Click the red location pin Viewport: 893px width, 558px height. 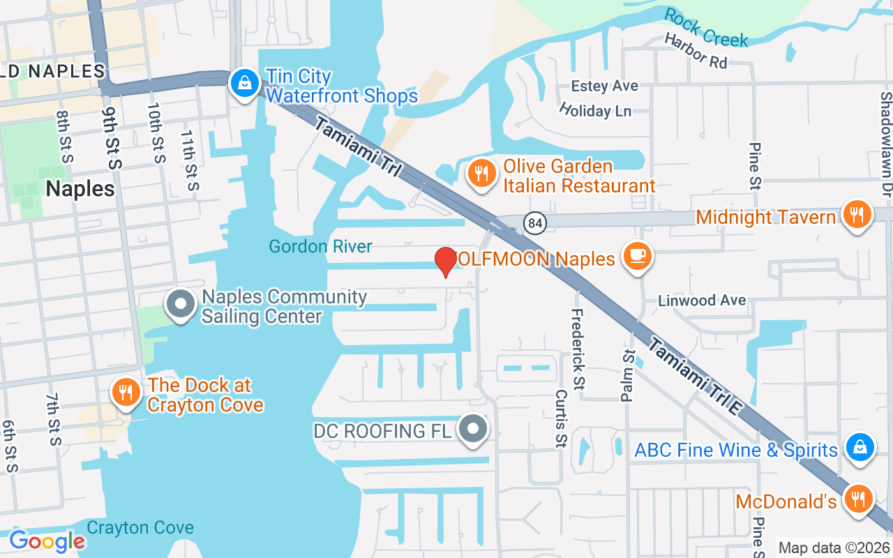[x=446, y=262]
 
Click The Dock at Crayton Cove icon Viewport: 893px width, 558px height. [x=126, y=393]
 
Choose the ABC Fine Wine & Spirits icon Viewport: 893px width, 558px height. [x=860, y=448]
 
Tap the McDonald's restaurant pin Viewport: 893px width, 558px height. [x=859, y=499]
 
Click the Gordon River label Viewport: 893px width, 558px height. [x=321, y=246]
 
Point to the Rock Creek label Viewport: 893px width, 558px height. [x=705, y=27]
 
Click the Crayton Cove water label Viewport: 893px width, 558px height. [x=140, y=527]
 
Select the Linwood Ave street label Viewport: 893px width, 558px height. [x=702, y=301]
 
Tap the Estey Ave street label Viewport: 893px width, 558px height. [x=604, y=86]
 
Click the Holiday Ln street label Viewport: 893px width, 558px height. [x=595, y=110]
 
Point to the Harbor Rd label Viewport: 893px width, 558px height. [x=696, y=52]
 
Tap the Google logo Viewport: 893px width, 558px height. [x=47, y=541]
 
